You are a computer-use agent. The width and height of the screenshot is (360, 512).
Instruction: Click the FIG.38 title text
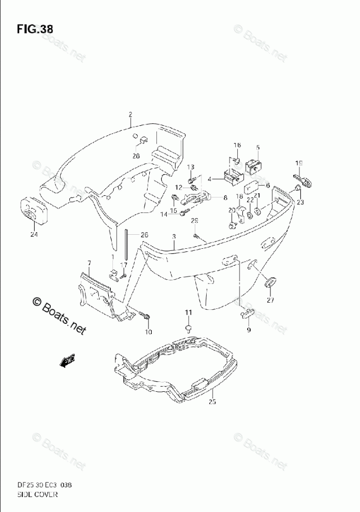(35, 29)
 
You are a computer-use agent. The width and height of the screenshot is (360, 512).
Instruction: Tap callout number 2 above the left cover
(131, 115)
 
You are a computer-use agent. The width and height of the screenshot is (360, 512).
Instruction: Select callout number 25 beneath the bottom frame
(212, 402)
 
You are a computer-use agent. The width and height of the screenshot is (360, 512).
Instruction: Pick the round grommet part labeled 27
(269, 283)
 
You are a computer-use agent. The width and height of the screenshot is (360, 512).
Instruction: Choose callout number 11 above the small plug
(189, 312)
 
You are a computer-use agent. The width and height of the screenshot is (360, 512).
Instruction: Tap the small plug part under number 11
(189, 328)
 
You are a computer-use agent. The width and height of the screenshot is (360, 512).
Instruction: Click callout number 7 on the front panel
(89, 264)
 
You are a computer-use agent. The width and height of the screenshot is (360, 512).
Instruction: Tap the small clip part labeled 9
(247, 312)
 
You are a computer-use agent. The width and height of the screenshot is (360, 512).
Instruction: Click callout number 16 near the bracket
(237, 146)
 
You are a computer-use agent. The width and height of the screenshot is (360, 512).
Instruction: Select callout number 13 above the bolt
(190, 167)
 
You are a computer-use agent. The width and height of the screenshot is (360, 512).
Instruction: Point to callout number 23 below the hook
(300, 203)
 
